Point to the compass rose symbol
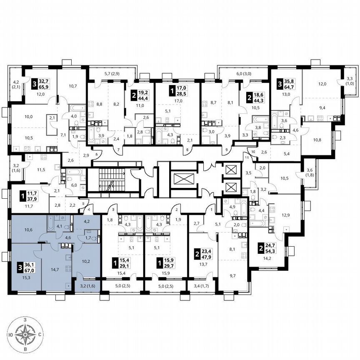26,334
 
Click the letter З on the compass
26,319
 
